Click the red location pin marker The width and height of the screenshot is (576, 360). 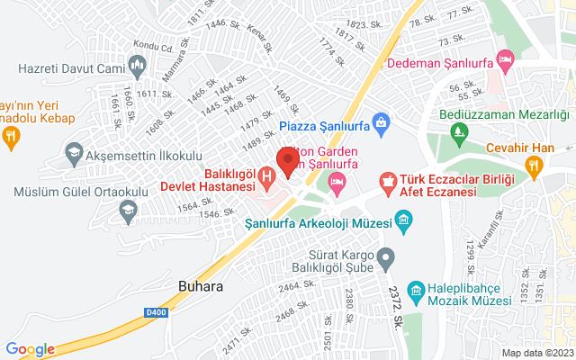coord(288,161)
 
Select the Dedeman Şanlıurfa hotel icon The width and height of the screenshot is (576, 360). coord(506,61)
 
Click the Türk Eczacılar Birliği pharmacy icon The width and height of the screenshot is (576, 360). coord(388,182)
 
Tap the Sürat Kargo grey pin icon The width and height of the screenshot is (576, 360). coord(385,259)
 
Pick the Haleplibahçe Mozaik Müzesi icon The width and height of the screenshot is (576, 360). coord(415,290)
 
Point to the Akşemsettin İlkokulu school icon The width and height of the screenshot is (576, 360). coord(73,156)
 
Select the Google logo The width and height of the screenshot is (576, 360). coord(30,349)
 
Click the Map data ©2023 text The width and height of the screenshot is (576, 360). coord(535,353)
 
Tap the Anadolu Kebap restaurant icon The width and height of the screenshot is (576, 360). coord(11,136)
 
